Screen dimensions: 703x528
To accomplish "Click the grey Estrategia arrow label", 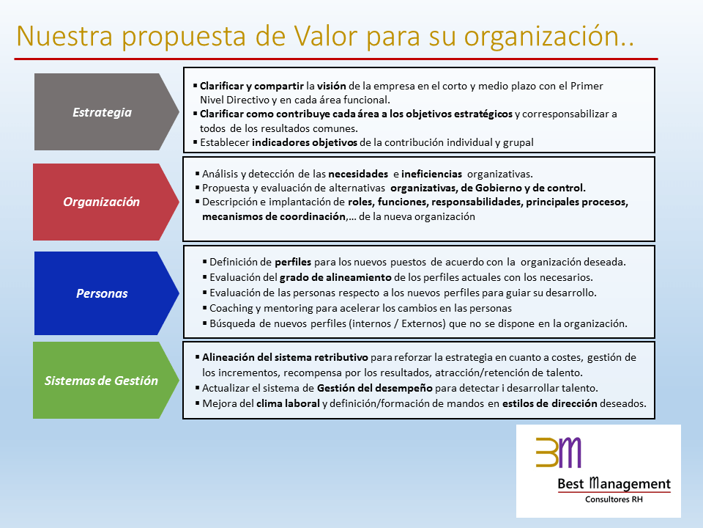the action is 103,112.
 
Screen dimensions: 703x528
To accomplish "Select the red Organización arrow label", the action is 101,202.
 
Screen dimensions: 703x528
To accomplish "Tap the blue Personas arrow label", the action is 102,293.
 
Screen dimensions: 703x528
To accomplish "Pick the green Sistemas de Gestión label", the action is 101,381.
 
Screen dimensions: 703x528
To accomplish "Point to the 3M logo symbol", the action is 558,452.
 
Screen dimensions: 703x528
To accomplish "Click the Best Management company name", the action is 614,483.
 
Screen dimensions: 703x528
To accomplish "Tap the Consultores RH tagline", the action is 614,499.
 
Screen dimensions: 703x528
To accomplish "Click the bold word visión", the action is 331,86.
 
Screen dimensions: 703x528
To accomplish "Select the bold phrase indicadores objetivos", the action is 305,143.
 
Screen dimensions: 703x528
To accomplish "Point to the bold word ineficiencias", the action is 431,174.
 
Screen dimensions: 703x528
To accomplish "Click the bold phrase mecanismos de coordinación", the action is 274,216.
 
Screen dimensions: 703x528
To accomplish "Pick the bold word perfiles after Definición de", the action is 293,263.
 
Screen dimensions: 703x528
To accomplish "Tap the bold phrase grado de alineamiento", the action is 335,277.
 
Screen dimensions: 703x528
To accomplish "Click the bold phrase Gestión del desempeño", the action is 374,389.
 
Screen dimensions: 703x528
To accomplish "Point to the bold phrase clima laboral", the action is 288,403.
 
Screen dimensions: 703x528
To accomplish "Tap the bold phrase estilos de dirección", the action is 549,403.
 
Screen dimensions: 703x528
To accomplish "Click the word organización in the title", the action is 548,37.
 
